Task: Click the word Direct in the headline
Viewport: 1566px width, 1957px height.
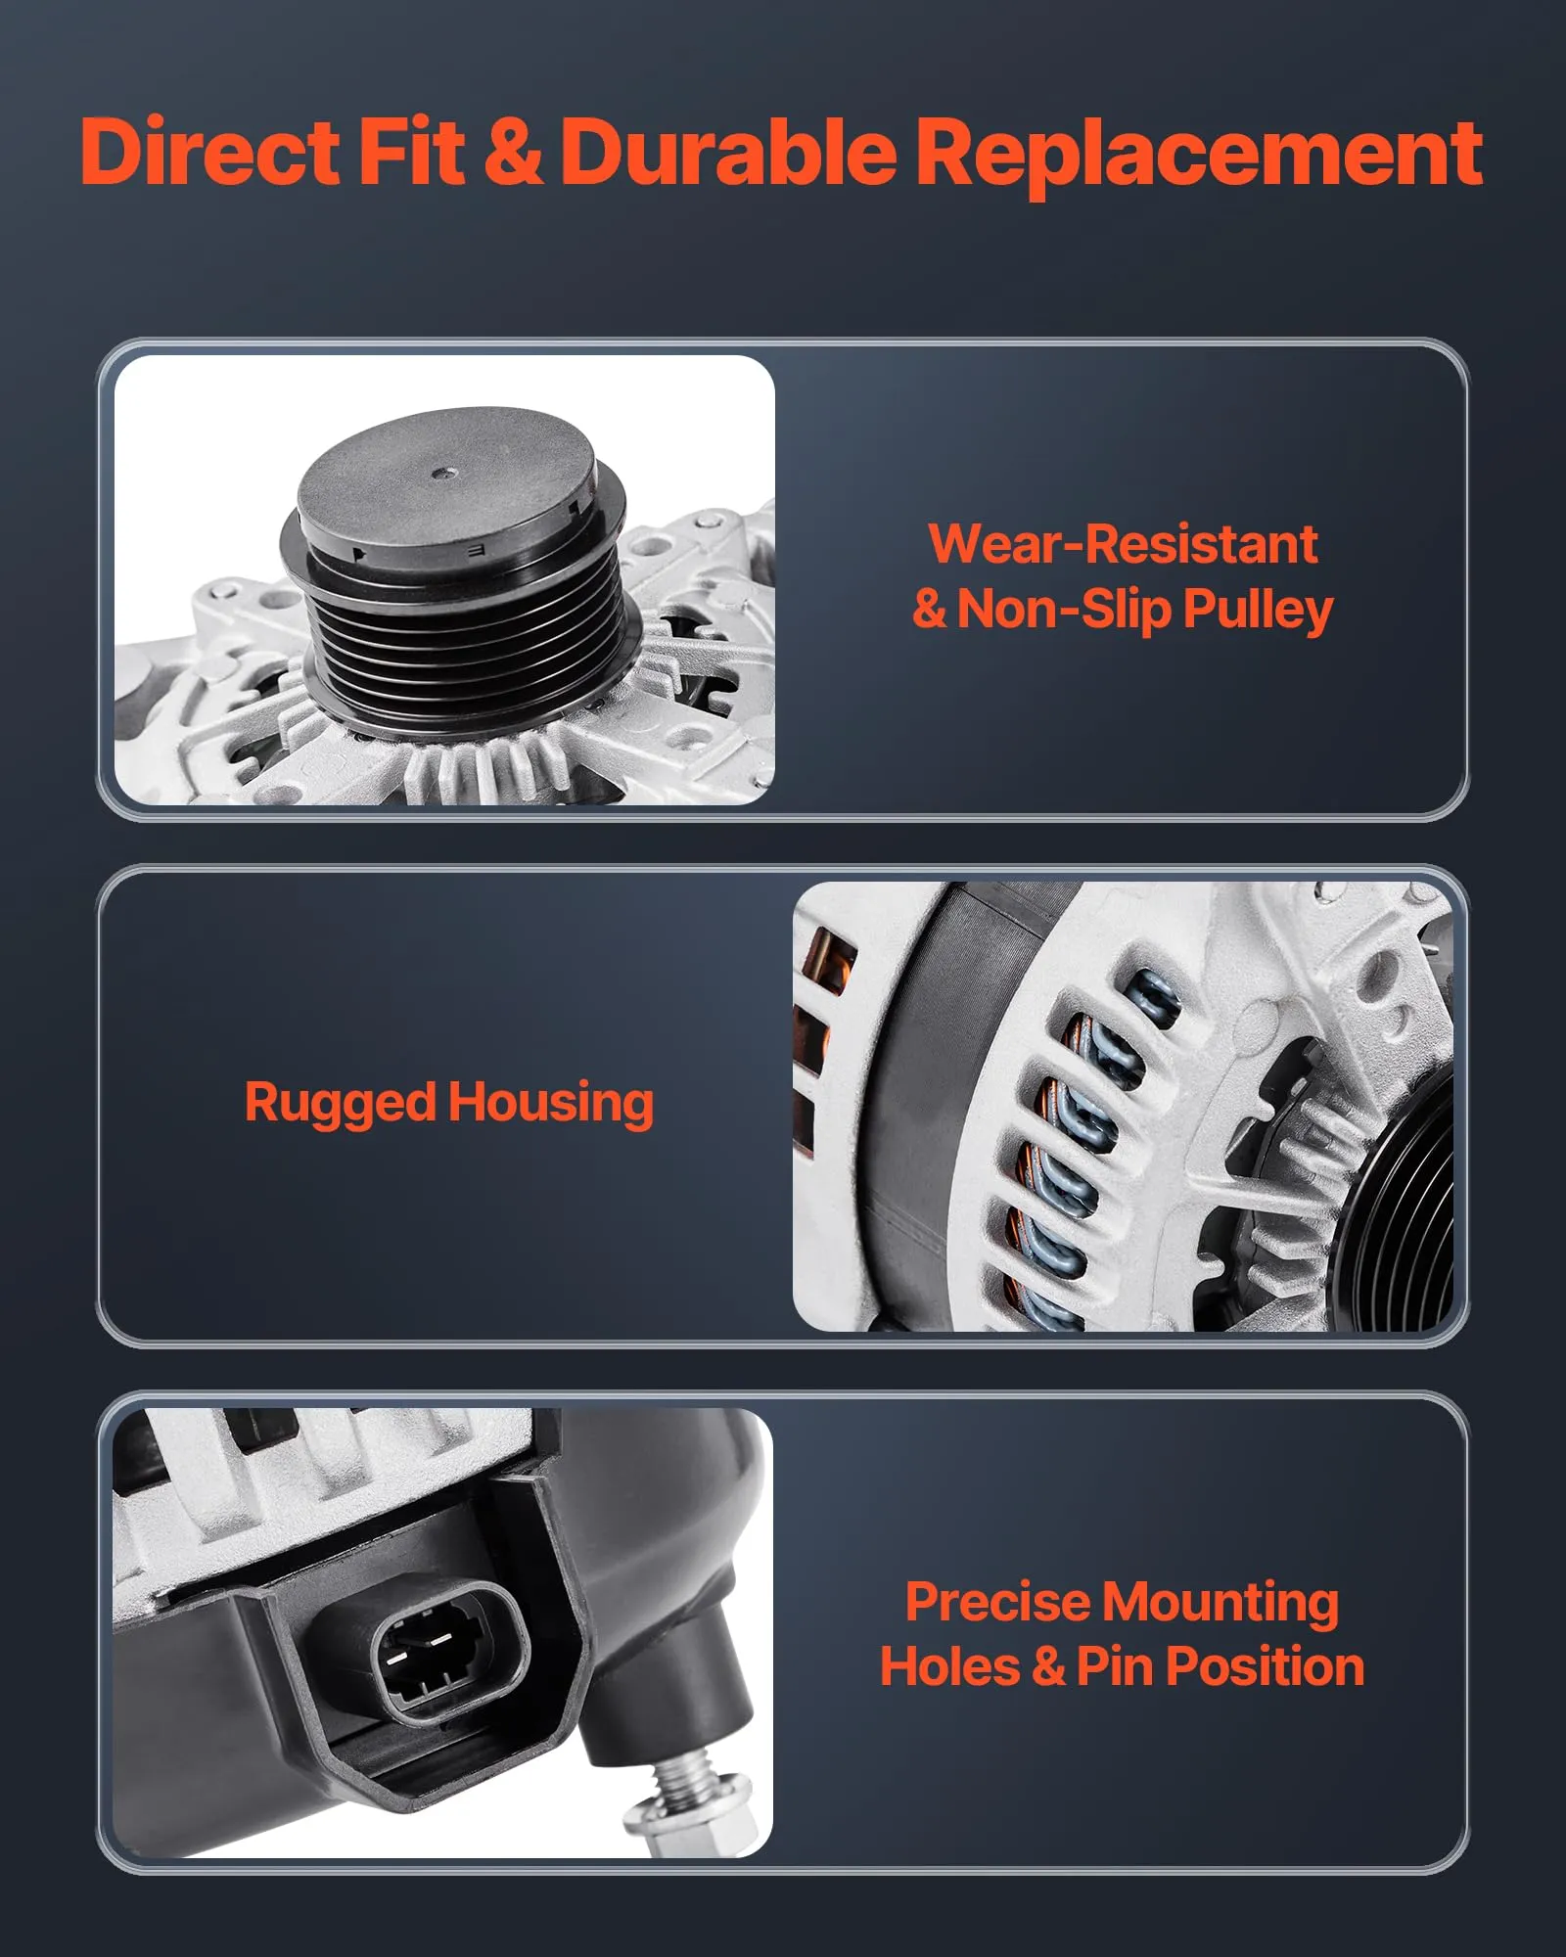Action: pos(209,151)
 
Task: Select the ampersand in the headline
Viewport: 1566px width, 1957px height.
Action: pos(513,152)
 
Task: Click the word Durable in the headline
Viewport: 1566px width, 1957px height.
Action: pos(728,151)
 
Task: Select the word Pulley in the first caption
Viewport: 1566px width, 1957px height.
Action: pos(1258,611)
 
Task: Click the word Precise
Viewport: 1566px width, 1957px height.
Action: pos(997,1602)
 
